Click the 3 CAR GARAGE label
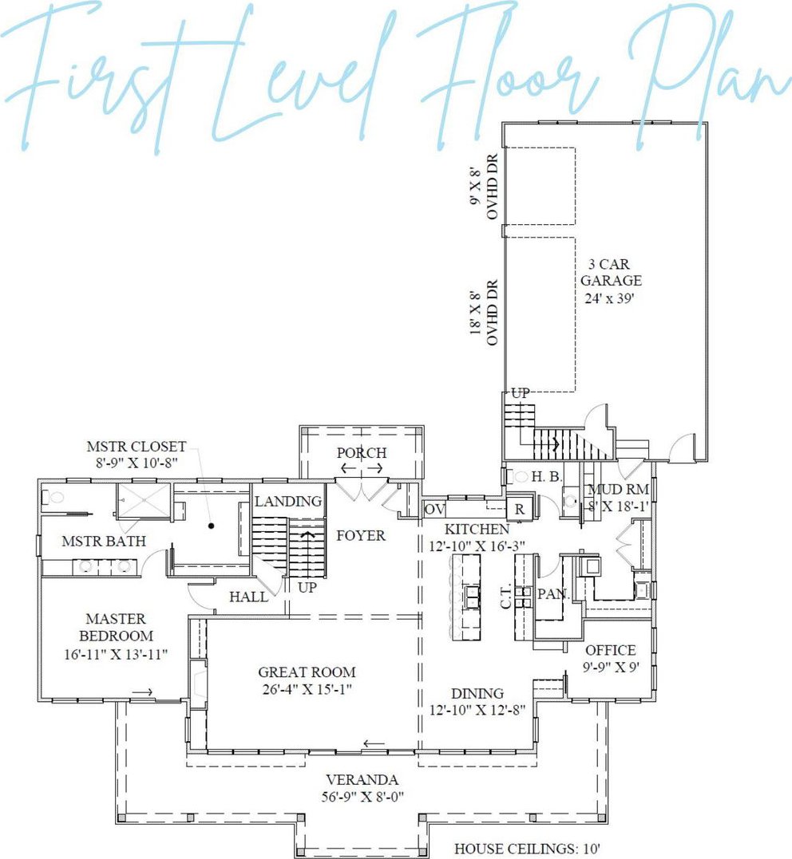pyautogui.click(x=611, y=273)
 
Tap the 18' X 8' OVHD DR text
pyautogui.click(x=484, y=313)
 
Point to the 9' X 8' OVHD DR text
pyautogui.click(x=484, y=187)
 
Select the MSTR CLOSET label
pyautogui.click(x=137, y=447)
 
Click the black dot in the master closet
pyautogui.click(x=211, y=526)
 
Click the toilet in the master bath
pyautogui.click(x=53, y=498)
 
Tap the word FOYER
pyautogui.click(x=361, y=535)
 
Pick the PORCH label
pyautogui.click(x=362, y=453)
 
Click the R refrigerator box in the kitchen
pyautogui.click(x=519, y=509)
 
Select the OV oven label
pyautogui.click(x=434, y=510)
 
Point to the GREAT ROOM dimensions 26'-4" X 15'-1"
pyautogui.click(x=307, y=688)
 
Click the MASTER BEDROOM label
pyautogui.click(x=117, y=627)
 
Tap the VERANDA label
pyautogui.click(x=362, y=779)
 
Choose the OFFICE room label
pyautogui.click(x=611, y=650)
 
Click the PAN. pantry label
pyautogui.click(x=553, y=594)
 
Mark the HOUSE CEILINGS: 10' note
pyautogui.click(x=527, y=849)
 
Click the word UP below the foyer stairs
pyautogui.click(x=307, y=587)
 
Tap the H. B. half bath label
pyautogui.click(x=547, y=477)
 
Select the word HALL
pyautogui.click(x=248, y=597)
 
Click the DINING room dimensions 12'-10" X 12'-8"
pyautogui.click(x=477, y=710)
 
